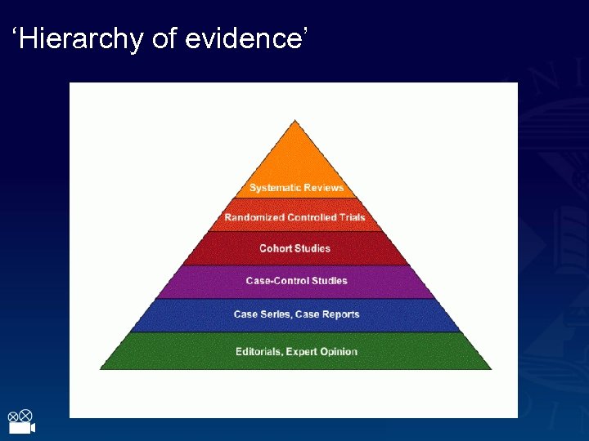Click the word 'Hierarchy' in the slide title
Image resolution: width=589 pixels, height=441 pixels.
pos(80,38)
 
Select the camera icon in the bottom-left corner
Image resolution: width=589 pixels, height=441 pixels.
pos(20,422)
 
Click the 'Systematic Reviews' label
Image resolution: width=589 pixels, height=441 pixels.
pos(296,188)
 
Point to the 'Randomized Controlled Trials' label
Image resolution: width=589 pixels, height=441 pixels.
pos(294,218)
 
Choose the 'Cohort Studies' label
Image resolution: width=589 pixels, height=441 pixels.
pos(294,248)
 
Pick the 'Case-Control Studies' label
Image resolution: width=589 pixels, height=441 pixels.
pos(296,281)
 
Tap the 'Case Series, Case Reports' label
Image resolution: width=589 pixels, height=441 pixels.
pos(296,314)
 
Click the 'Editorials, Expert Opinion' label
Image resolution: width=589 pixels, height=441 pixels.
pos(296,352)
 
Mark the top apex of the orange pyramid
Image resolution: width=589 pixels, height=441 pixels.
pos(295,121)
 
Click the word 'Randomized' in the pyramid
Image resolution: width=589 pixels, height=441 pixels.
pos(254,218)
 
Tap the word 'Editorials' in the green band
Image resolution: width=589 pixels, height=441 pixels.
pos(259,352)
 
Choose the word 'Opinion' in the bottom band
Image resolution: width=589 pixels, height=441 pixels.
pos(339,352)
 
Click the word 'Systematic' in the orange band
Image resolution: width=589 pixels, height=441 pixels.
pos(274,188)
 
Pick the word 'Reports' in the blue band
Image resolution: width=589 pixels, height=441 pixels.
pos(340,314)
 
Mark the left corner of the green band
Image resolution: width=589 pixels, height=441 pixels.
pos(102,368)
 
